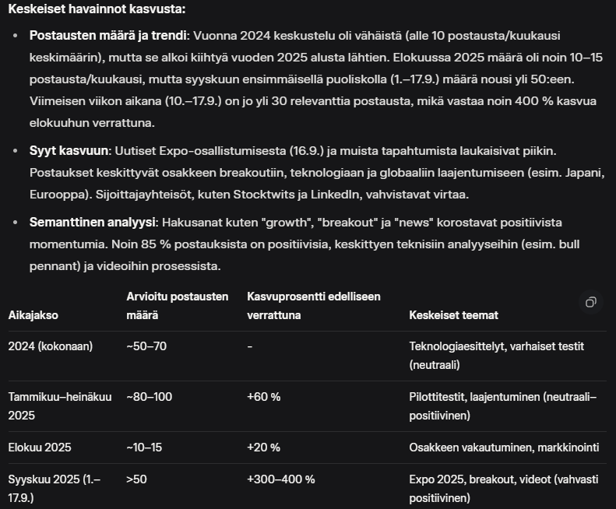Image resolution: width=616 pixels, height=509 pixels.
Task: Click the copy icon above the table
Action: click(x=591, y=302)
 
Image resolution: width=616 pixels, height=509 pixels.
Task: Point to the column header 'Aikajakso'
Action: click(x=33, y=315)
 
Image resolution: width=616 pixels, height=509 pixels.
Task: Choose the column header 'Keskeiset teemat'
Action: click(x=453, y=315)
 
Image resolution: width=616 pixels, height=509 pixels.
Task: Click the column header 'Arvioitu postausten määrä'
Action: click(x=178, y=306)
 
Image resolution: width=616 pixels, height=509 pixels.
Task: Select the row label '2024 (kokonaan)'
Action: click(x=50, y=346)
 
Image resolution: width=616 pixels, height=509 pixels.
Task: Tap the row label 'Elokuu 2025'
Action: click(x=39, y=448)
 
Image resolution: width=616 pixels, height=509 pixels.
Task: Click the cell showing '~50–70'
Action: click(x=146, y=346)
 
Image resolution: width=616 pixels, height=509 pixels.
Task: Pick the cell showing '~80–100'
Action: click(x=150, y=397)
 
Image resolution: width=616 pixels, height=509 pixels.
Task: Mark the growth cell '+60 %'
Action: click(x=264, y=397)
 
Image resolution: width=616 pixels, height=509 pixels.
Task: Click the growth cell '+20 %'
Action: click(x=264, y=448)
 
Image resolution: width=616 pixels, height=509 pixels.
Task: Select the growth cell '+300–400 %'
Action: click(x=281, y=479)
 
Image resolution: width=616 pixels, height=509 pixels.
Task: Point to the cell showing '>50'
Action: click(x=136, y=479)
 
